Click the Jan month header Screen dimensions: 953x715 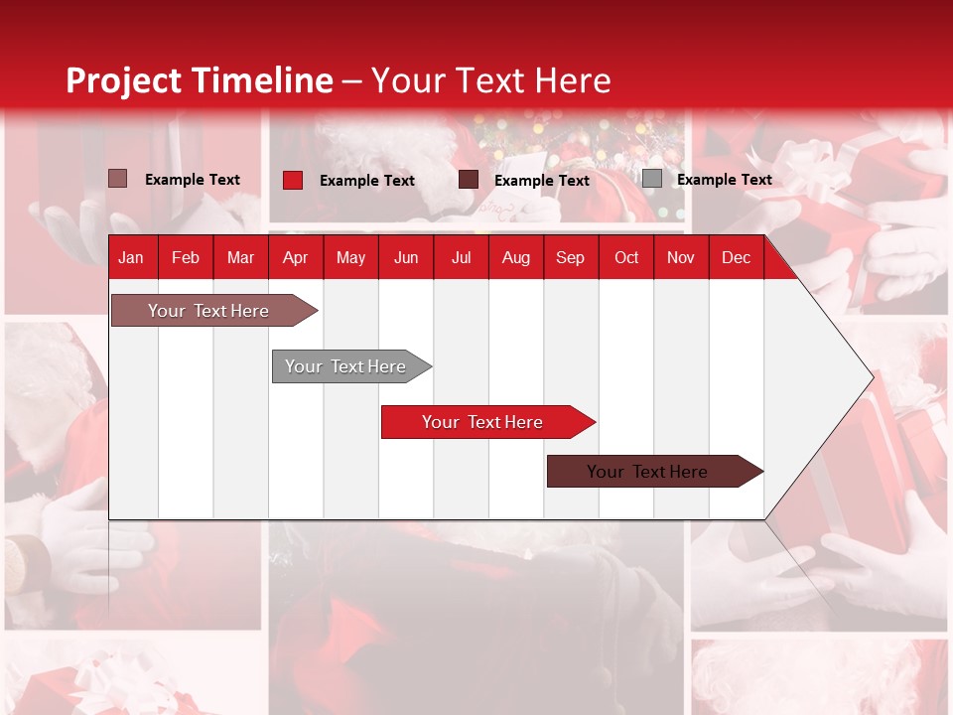(x=131, y=258)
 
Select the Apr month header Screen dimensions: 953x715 (x=296, y=258)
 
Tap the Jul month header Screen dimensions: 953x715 (x=462, y=258)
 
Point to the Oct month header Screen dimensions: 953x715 (x=626, y=258)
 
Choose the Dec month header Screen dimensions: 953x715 (x=736, y=258)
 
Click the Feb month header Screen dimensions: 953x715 (x=186, y=258)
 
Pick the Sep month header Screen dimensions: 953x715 (x=570, y=258)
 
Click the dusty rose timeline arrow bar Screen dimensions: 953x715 (x=214, y=310)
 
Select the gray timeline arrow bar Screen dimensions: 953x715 (x=351, y=366)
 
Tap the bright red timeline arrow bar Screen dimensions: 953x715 (x=488, y=422)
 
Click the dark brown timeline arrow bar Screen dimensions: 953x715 (x=655, y=471)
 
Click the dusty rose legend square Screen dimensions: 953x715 (x=117, y=179)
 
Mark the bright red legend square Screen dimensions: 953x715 (x=293, y=180)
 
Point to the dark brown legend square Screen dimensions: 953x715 (x=468, y=180)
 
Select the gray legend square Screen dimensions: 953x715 (x=652, y=178)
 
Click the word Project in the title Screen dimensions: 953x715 (x=123, y=80)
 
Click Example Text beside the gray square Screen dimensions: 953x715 (x=725, y=180)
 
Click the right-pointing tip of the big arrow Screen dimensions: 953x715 (x=874, y=377)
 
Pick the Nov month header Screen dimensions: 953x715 (x=681, y=258)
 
